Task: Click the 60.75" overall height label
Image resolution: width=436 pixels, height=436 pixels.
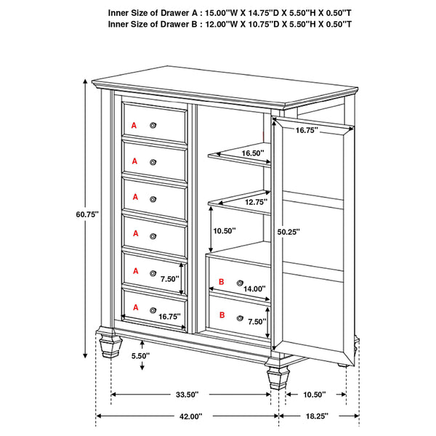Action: point(86,214)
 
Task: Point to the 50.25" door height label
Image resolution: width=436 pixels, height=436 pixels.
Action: point(288,232)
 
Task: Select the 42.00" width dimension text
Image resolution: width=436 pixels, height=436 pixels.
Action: point(190,416)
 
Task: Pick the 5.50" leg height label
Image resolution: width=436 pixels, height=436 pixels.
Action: point(141,356)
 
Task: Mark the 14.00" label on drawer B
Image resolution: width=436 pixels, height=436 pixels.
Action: point(254,288)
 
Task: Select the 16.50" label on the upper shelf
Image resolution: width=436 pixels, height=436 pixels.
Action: point(251,153)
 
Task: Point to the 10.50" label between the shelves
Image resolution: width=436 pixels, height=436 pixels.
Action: point(225,231)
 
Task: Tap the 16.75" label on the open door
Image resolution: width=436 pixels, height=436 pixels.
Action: point(309,132)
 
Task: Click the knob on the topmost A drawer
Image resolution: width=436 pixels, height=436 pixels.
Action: point(153,126)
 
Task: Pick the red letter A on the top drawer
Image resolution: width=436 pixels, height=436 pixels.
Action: point(134,126)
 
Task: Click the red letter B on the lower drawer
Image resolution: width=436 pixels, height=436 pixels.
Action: point(222,316)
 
